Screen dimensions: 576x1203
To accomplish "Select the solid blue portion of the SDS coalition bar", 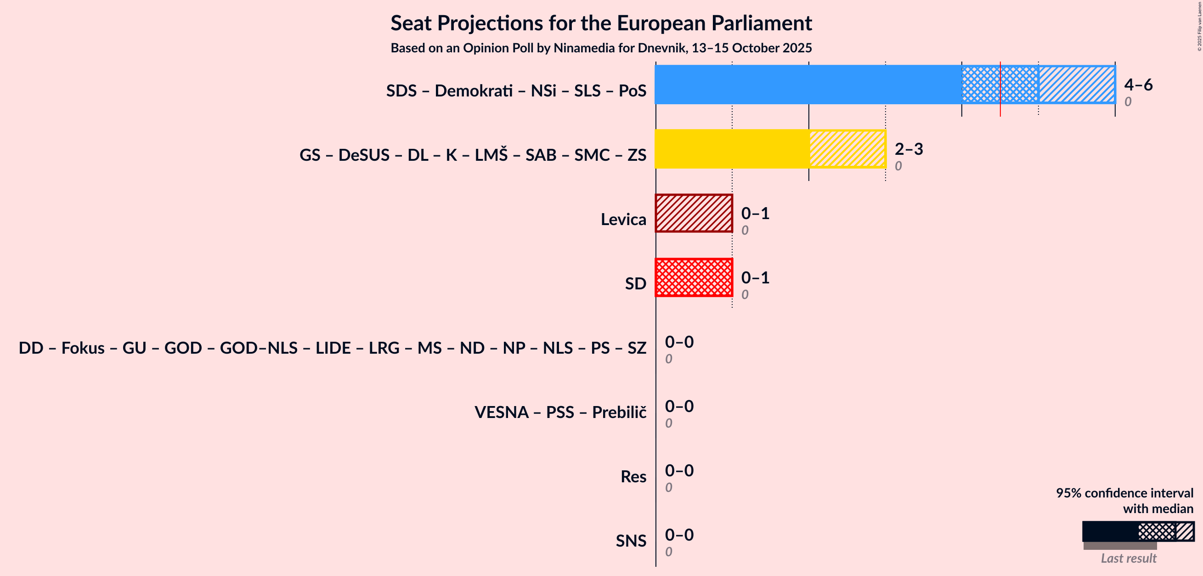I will tap(808, 85).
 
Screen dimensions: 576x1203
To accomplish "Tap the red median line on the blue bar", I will tap(1000, 89).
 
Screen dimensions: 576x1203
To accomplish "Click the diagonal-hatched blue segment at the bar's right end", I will tap(1076, 85).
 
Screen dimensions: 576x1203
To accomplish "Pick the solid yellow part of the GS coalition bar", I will tap(732, 149).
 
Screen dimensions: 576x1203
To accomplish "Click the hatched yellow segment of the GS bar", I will tap(847, 149).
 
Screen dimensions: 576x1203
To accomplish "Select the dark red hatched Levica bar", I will tap(694, 214).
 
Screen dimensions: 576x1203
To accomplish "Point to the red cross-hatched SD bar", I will tap(694, 277).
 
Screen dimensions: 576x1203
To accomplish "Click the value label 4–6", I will tap(1138, 85).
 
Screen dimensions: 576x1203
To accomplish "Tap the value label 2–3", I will tap(908, 149).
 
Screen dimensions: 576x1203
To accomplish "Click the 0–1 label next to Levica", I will tap(755, 214).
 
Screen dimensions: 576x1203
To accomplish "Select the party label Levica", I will tap(623, 219).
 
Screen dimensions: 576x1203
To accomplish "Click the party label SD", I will tap(635, 283).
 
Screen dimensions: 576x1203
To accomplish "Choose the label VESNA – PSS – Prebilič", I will tap(560, 412).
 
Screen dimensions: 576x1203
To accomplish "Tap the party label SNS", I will tap(631, 541).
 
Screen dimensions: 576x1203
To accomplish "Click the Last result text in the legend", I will tap(1128, 558).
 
